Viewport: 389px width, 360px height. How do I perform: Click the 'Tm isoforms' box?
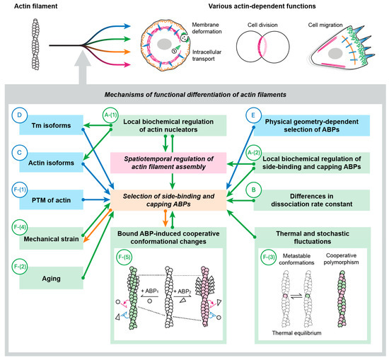(52, 125)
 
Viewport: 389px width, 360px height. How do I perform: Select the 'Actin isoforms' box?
(52, 163)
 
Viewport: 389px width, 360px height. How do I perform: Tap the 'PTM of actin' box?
(52, 199)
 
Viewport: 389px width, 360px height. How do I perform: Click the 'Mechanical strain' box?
(52, 238)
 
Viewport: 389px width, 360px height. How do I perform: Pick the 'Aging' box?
(52, 278)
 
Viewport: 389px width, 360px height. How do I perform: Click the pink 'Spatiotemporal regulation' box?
(168, 163)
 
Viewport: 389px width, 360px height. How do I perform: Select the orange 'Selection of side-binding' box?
(168, 200)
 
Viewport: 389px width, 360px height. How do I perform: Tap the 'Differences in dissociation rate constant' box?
(312, 200)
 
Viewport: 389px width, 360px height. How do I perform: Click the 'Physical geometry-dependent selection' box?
(312, 125)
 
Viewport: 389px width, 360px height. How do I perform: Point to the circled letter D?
(19, 115)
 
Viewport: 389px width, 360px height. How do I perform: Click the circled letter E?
(253, 115)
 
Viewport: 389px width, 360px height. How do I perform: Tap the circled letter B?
(253, 190)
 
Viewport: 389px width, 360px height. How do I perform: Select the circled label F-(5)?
(124, 257)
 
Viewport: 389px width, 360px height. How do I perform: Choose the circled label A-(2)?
(253, 153)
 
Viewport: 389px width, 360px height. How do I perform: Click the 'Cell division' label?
(262, 25)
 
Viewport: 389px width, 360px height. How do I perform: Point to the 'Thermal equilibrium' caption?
(297, 333)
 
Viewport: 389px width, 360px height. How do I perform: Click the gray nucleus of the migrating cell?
(335, 54)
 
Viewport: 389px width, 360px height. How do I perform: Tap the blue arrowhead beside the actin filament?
(127, 25)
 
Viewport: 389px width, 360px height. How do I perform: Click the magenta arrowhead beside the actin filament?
(127, 65)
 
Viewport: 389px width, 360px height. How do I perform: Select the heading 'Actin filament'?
(36, 6)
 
